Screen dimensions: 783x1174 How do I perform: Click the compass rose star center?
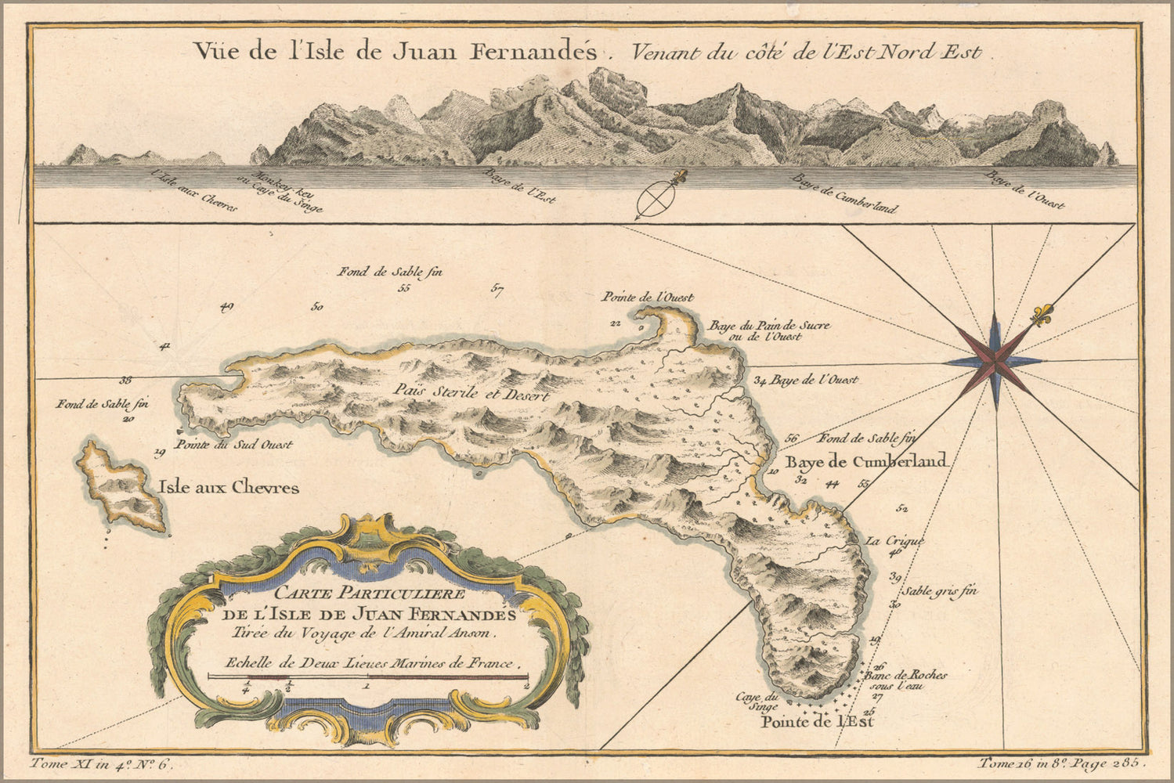[995, 361]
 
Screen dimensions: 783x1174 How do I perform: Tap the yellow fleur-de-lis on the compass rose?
[1042, 316]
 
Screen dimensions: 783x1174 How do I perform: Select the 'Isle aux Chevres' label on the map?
[229, 488]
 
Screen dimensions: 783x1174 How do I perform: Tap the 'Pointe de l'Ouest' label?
[648, 298]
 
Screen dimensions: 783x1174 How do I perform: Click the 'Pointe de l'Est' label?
[818, 722]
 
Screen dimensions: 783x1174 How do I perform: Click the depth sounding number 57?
[497, 290]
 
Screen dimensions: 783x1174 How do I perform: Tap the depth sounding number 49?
[227, 307]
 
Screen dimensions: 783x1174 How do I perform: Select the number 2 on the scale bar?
[526, 685]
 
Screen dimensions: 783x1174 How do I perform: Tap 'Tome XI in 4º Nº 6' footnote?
[99, 763]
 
